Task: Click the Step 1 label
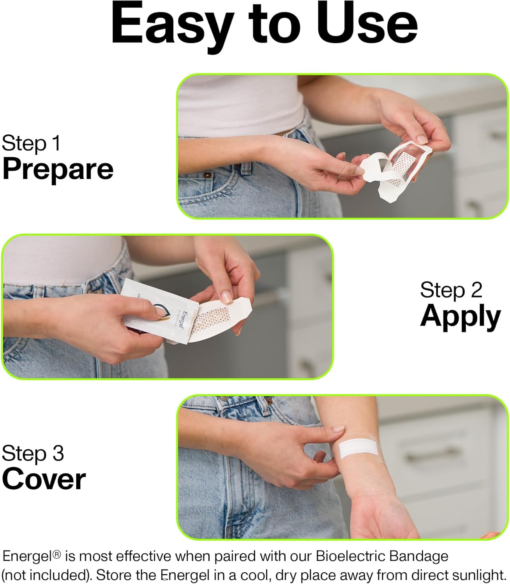tap(31, 143)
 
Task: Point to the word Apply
tap(460, 317)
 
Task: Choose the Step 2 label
tap(451, 290)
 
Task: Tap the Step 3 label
tap(33, 453)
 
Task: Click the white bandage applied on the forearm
tap(358, 449)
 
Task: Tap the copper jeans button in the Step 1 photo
tap(208, 175)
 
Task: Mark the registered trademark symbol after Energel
tap(57, 554)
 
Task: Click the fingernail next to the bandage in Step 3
tap(339, 428)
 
